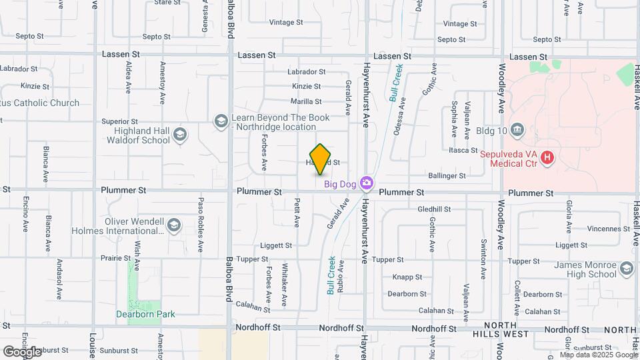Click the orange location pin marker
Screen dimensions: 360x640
coord(321,159)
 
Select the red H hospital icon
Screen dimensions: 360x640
coord(547,158)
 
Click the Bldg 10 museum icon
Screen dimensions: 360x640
coord(519,129)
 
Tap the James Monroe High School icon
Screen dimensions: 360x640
coord(625,269)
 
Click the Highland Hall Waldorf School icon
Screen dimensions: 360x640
coord(179,135)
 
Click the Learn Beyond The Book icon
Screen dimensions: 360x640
coord(221,121)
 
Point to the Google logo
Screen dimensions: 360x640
coord(22,351)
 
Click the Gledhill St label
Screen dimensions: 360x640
coord(434,209)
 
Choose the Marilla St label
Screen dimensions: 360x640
coord(306,101)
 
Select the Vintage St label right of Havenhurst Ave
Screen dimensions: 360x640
coord(459,23)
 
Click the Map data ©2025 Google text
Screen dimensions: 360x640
coord(598,354)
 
